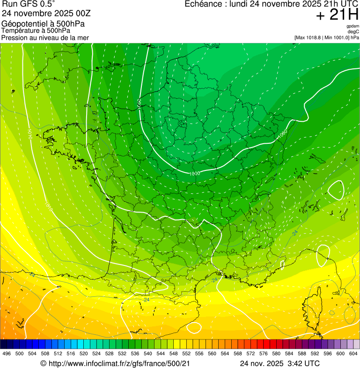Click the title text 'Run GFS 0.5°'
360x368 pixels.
pyautogui.click(x=28, y=4)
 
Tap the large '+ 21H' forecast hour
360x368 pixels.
pyautogui.click(x=337, y=15)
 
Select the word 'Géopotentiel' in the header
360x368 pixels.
pyautogui.click(x=23, y=23)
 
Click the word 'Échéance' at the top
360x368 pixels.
pyautogui.click(x=202, y=4)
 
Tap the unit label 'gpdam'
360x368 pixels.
pyautogui.click(x=353, y=26)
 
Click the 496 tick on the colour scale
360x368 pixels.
pyautogui.click(x=7, y=354)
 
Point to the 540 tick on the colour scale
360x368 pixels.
pyautogui.click(x=147, y=354)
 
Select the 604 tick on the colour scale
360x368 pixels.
pyautogui.click(x=353, y=354)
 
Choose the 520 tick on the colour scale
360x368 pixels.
pyautogui.click(x=84, y=354)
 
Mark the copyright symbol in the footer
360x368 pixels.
pyautogui.click(x=43, y=363)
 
